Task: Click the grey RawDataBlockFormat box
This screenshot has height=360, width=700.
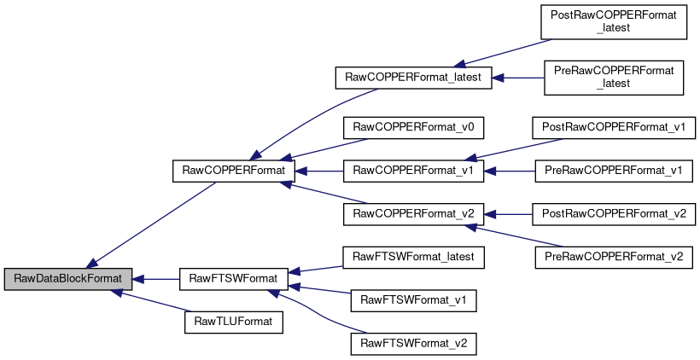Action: point(68,279)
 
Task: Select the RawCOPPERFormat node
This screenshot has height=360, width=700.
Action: point(234,171)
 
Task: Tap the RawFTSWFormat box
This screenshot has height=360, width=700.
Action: point(234,279)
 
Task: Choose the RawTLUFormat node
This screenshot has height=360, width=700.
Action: point(234,322)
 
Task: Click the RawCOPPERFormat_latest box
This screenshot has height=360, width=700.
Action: point(413,78)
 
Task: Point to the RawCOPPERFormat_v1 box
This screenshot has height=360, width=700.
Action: point(413,171)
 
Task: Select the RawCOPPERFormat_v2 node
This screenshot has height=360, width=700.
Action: point(413,214)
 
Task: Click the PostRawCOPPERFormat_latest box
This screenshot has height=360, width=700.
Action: point(614,22)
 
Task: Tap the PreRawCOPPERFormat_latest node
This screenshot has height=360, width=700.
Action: point(614,78)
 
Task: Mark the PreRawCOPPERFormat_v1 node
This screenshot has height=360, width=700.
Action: point(614,171)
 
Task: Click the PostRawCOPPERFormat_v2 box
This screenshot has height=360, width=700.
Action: point(614,214)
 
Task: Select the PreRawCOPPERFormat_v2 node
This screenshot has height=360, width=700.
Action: point(614,258)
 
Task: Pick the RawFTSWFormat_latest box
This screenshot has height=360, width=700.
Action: point(413,258)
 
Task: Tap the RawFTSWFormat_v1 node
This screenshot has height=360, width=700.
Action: point(413,300)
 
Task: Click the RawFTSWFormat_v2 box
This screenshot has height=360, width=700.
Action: point(413,344)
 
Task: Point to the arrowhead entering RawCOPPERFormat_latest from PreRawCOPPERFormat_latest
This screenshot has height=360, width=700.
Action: point(498,78)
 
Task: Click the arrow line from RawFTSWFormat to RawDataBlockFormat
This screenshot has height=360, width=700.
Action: point(156,280)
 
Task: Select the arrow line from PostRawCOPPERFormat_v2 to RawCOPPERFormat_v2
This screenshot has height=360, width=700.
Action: point(508,215)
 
